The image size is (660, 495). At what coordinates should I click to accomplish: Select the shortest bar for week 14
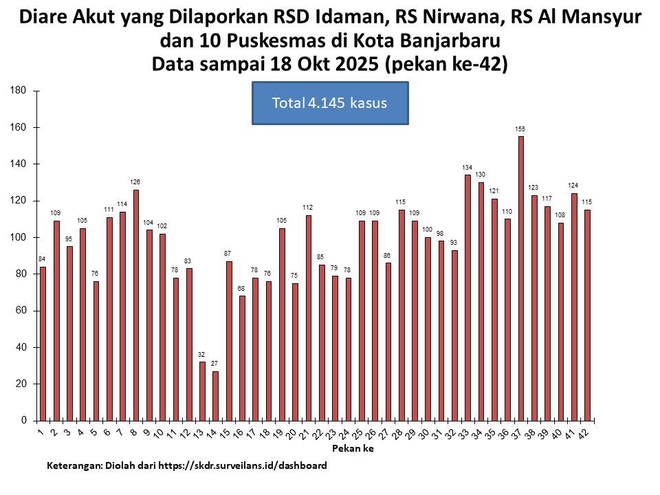pos(215,396)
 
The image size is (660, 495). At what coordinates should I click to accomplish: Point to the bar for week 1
pos(43,344)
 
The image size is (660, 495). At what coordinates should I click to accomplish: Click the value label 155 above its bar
pos(521,129)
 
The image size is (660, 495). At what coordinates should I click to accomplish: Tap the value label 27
pos(215,364)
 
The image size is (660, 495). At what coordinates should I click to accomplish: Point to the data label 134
pos(467,168)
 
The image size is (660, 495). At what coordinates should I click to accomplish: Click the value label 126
pos(135,182)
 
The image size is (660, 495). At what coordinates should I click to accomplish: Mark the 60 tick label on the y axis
pos(21,311)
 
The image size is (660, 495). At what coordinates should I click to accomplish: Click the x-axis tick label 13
pos(199,433)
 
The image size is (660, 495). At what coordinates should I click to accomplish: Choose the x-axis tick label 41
pos(572,433)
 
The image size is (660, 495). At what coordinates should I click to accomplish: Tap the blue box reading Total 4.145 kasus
pos(330,103)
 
